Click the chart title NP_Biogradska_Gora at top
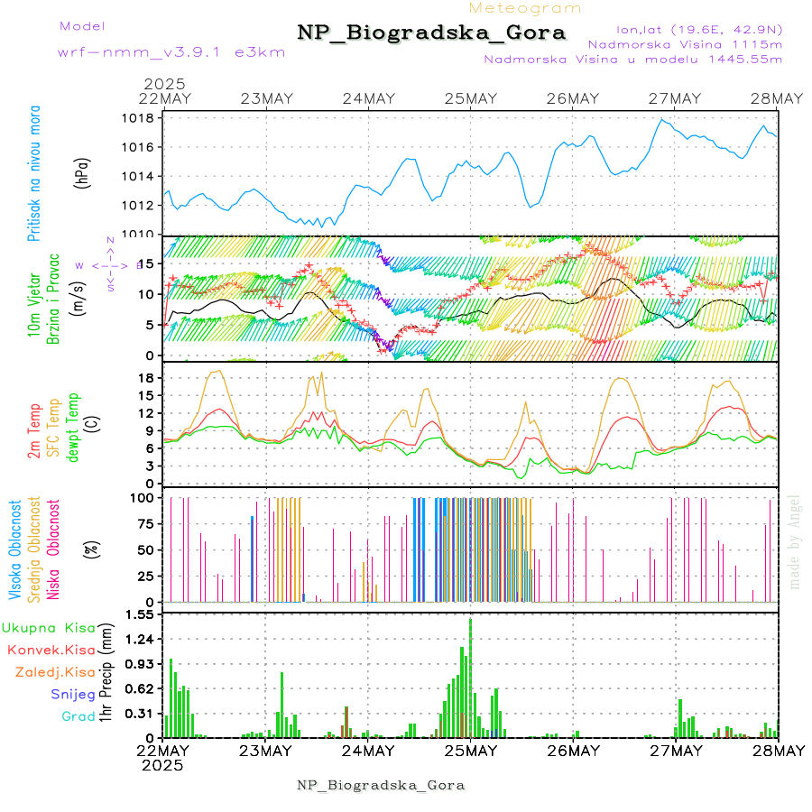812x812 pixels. coord(431,33)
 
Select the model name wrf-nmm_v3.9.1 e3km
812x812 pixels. coord(171,52)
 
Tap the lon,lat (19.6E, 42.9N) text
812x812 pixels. coord(699,30)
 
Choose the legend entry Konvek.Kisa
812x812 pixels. coord(51,651)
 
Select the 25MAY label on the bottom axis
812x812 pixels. coord(470,751)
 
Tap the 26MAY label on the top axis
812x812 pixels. coord(573,98)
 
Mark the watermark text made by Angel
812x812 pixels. coord(794,541)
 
